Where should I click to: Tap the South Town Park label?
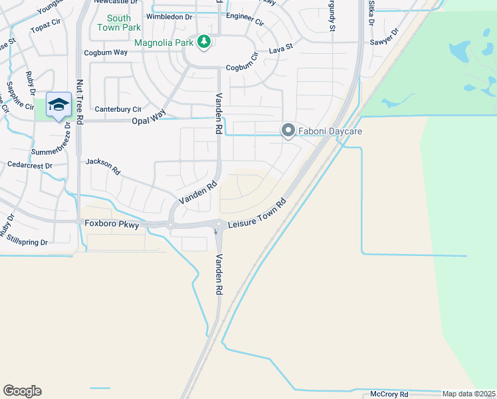119,23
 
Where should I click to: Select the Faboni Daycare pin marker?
288,131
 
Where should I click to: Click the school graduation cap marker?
59,104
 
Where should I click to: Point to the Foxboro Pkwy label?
112,225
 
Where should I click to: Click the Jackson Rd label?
103,166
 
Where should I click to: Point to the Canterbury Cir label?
118,109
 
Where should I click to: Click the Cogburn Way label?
106,53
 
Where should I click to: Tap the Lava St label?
280,51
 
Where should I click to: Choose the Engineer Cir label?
245,16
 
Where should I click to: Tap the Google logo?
22,391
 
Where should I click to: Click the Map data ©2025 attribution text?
469,394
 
